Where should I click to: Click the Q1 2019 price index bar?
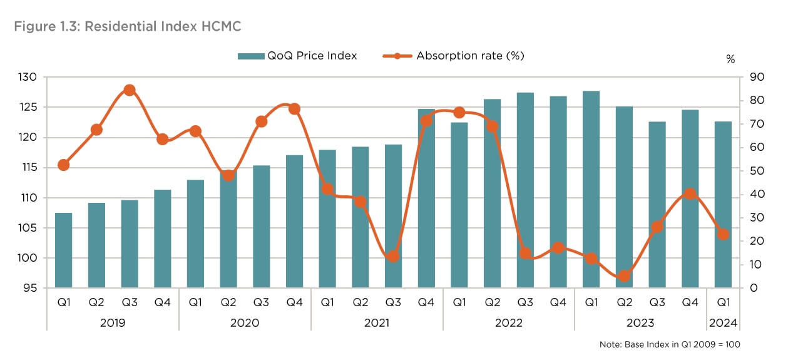pos(63,250)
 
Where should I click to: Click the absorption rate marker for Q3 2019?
pos(130,90)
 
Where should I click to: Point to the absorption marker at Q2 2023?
pos(624,276)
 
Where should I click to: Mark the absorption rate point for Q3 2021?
pos(393,257)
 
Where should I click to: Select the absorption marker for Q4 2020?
pos(294,109)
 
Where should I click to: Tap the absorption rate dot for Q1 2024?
pos(723,234)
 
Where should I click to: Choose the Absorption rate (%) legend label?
pos(470,56)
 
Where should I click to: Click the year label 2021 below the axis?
pos(377,323)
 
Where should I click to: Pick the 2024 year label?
pos(723,323)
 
